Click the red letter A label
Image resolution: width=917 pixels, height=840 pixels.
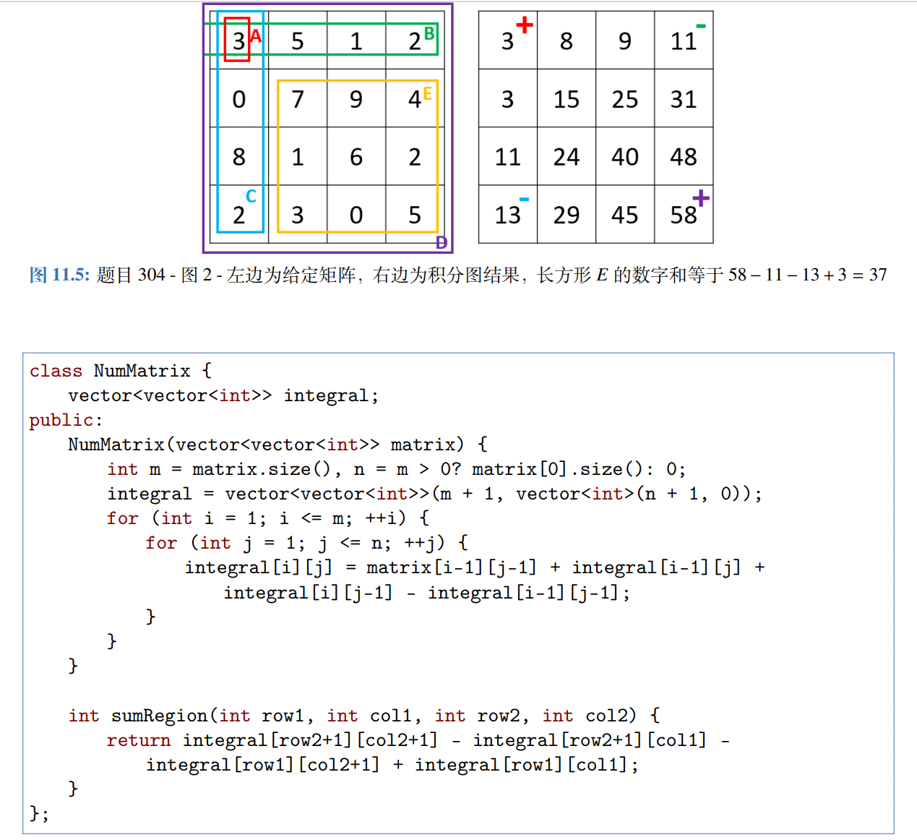click(255, 35)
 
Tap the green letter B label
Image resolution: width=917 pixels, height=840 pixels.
click(429, 33)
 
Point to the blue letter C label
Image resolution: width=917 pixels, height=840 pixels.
click(251, 196)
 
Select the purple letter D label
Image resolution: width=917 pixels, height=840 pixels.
click(442, 243)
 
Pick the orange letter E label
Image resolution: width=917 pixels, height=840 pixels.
click(428, 93)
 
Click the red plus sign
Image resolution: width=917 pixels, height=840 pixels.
click(525, 25)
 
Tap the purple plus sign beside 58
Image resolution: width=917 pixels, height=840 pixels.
click(700, 198)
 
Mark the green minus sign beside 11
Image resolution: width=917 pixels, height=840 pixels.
click(700, 27)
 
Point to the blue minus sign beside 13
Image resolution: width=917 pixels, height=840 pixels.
click(524, 199)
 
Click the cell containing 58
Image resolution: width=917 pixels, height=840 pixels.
click(684, 215)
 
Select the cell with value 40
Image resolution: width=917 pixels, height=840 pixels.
click(624, 157)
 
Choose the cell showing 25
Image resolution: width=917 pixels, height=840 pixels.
click(624, 99)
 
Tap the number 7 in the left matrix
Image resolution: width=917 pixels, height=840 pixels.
click(297, 99)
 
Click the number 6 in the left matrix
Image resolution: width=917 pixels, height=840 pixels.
click(356, 157)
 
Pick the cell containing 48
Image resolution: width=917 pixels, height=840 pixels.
click(684, 157)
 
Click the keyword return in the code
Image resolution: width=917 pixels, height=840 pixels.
click(138, 740)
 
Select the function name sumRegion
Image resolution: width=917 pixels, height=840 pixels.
click(159, 716)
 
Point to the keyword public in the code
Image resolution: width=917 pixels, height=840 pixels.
click(62, 420)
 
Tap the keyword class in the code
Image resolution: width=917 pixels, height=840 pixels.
click(56, 371)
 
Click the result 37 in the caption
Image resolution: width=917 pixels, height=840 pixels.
click(877, 275)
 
